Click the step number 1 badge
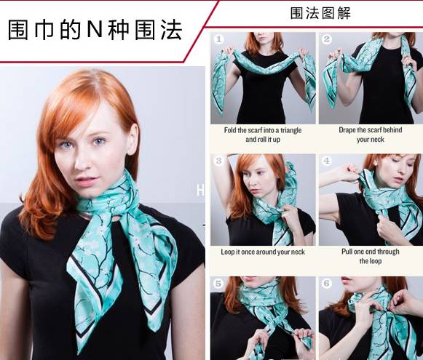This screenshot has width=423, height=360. [x=219, y=39]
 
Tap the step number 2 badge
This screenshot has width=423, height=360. [x=327, y=39]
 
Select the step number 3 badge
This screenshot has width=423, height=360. [x=219, y=161]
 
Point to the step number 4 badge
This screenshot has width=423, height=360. [x=327, y=161]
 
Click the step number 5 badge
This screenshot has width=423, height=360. [x=218, y=284]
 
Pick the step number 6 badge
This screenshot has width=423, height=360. [x=327, y=284]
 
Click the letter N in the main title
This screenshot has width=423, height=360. [x=95, y=29]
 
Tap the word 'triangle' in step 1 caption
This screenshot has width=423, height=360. [x=290, y=130]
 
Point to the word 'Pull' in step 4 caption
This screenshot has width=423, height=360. [x=347, y=252]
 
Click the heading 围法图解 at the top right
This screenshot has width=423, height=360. [x=320, y=13]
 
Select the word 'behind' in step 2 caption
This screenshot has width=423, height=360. [x=392, y=130]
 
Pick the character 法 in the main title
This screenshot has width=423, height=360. [x=172, y=29]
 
